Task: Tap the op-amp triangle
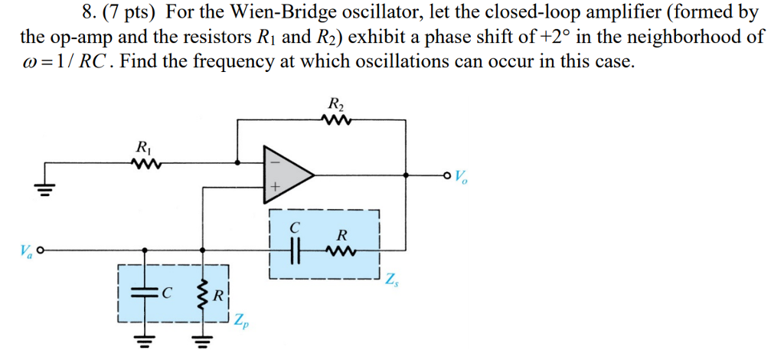pyautogui.click(x=287, y=175)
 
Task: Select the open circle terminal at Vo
pyautogui.click(x=446, y=175)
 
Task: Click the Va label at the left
pyautogui.click(x=24, y=250)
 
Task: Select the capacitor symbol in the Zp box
pyautogui.click(x=143, y=292)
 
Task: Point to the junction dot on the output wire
pyautogui.click(x=406, y=175)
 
